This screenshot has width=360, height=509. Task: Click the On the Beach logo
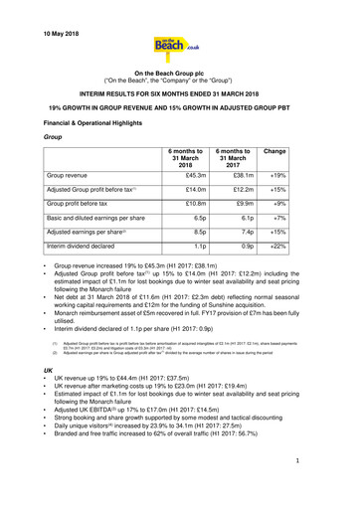[x=179, y=47]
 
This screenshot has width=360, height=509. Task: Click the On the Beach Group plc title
[x=179, y=75]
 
